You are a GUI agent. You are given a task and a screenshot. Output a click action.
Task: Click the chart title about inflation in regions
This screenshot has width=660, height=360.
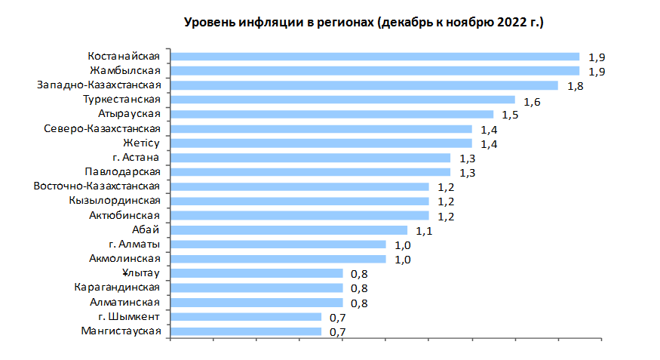click(x=364, y=23)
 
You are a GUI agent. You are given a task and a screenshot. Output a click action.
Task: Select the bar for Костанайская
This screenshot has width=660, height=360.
click(x=375, y=57)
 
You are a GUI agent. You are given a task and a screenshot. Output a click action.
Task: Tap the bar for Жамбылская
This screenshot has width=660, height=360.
click(x=375, y=71)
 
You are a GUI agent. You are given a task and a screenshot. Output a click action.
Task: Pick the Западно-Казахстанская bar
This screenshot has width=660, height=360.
click(x=364, y=85)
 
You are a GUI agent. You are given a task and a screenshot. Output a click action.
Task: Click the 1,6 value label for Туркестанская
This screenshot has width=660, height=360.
click(x=532, y=100)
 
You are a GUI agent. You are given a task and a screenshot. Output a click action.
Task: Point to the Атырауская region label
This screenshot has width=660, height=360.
click(x=130, y=114)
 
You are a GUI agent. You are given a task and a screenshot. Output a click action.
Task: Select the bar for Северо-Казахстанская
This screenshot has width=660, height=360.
click(x=321, y=129)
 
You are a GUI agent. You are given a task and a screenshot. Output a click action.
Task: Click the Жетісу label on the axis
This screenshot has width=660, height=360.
click(x=142, y=143)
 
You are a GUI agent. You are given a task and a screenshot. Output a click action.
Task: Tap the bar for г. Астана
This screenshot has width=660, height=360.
click(x=311, y=158)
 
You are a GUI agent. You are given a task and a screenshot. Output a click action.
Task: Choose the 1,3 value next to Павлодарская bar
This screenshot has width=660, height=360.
click(x=467, y=173)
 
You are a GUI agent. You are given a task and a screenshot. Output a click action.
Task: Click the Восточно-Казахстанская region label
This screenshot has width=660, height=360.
click(x=97, y=186)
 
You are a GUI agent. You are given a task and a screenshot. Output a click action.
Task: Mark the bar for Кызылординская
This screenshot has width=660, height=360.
click(x=300, y=202)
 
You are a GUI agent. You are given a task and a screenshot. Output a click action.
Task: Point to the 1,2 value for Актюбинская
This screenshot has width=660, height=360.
click(x=446, y=217)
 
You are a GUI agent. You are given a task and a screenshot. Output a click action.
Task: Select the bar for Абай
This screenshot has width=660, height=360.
click(x=289, y=230)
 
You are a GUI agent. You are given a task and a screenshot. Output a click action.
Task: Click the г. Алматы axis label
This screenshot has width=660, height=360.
click(x=134, y=245)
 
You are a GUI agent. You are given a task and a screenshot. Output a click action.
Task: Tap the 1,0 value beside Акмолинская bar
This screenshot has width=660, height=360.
click(x=403, y=260)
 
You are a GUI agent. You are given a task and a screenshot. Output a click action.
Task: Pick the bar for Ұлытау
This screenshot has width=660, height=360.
click(x=257, y=273)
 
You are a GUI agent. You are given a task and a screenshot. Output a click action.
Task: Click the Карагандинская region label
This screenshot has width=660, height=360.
click(x=117, y=288)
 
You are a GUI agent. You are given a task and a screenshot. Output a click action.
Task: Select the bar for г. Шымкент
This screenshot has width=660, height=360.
click(x=247, y=317)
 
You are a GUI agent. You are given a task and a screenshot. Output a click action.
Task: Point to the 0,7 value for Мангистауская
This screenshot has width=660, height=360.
click(x=338, y=332)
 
